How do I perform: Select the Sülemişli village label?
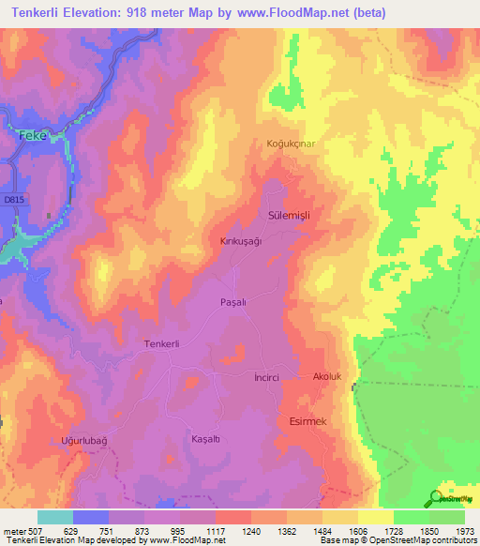(x=289, y=215)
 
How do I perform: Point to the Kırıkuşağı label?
(x=239, y=240)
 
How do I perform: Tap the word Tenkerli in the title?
(x=34, y=13)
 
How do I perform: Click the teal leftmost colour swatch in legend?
(x=55, y=517)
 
